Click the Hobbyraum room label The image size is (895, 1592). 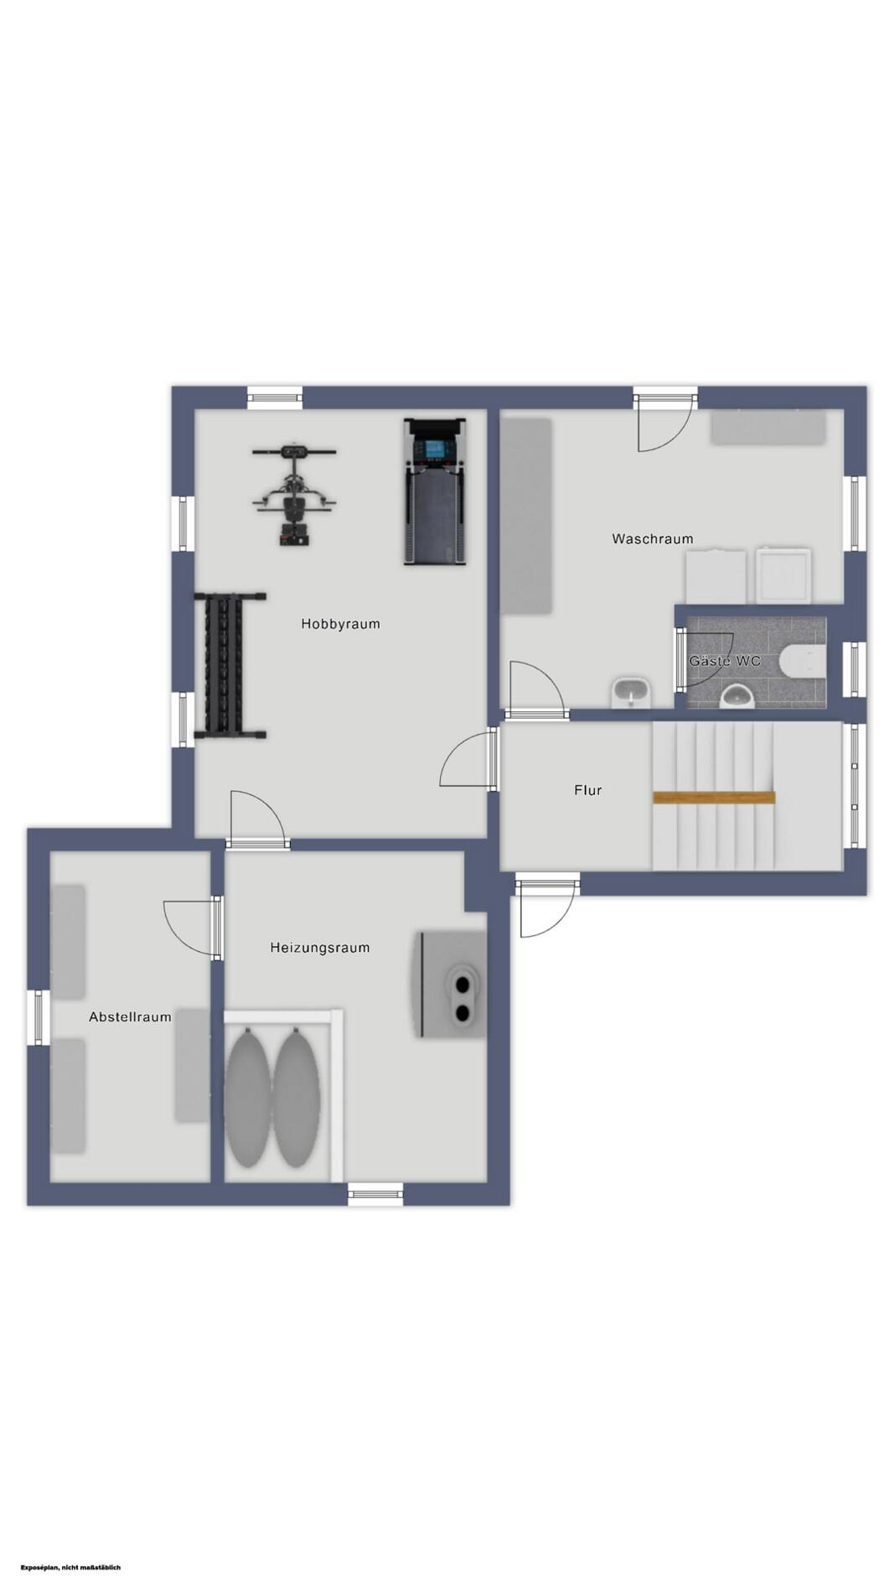point(340,624)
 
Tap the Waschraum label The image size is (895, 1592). point(652,539)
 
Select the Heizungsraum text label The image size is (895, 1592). point(319,948)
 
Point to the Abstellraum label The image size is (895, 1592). point(130,1017)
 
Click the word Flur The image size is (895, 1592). point(587,790)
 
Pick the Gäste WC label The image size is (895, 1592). point(724,661)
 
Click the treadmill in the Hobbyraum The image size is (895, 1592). point(434,492)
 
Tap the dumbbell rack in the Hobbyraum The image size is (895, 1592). point(230,666)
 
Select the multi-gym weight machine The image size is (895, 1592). point(294,494)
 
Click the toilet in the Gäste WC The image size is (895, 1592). point(802,661)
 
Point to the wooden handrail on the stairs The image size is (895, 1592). point(714,798)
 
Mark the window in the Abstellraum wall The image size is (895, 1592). point(37,1017)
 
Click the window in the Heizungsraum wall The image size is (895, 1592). point(375,1194)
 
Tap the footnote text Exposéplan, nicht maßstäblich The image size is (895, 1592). point(71,1568)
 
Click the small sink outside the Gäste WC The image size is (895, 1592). point(631,693)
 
